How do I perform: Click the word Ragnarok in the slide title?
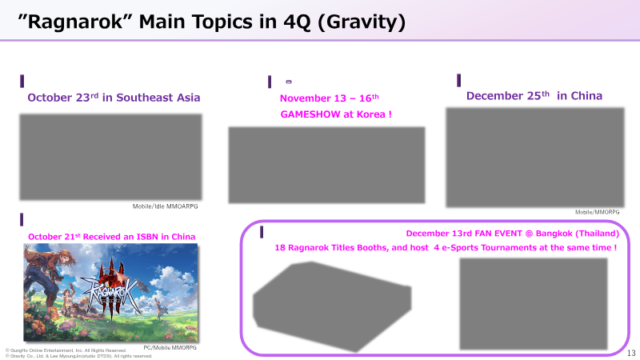click(75, 22)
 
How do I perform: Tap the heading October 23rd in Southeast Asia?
click(114, 98)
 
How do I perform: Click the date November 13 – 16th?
click(330, 98)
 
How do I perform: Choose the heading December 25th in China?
click(534, 95)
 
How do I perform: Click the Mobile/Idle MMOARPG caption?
click(166, 206)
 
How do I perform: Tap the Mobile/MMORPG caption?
click(597, 212)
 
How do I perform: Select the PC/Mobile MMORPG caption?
click(170, 348)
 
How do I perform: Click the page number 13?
click(631, 353)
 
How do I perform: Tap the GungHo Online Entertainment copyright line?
click(66, 350)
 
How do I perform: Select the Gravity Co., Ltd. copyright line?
click(78, 356)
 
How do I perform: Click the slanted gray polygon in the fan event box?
click(332, 306)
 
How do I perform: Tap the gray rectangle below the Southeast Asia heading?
click(110, 157)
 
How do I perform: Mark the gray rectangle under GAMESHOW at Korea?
click(326, 165)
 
